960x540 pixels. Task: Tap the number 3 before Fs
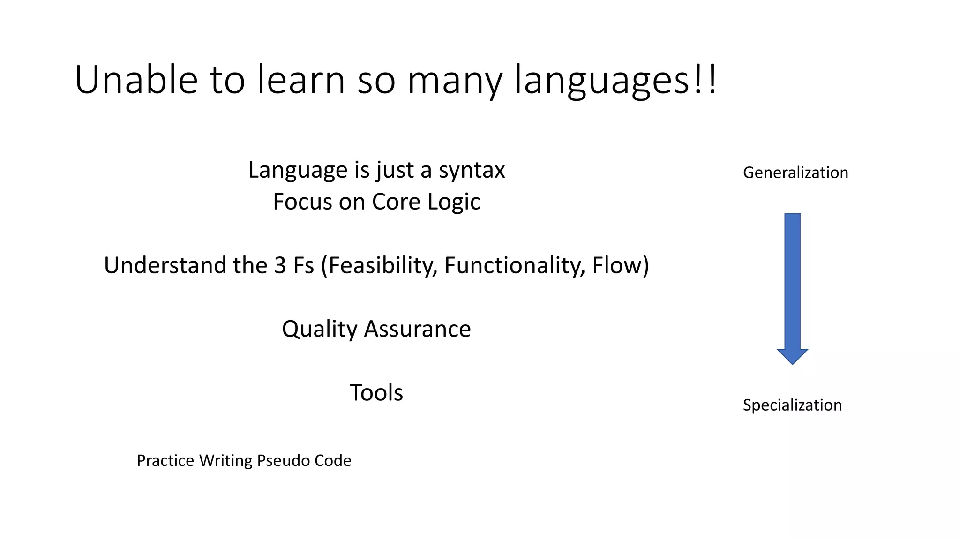click(280, 265)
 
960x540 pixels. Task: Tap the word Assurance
click(417, 329)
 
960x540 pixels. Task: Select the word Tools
click(376, 393)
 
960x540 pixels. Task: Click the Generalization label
click(795, 172)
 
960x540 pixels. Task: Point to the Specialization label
click(792, 405)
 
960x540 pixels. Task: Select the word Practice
click(165, 460)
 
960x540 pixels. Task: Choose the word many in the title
click(455, 81)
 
